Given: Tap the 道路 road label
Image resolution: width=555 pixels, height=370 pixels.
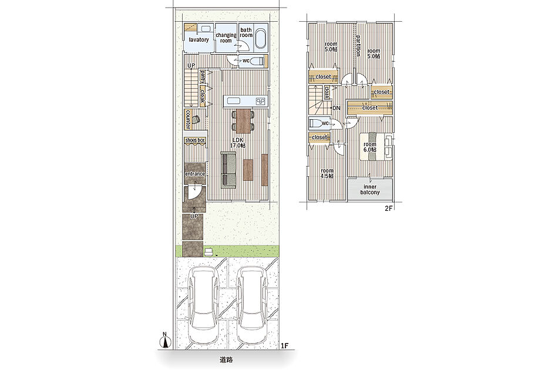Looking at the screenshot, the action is pyautogui.click(x=226, y=360).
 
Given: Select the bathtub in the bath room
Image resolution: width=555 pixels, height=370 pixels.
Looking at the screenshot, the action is pyautogui.click(x=261, y=39).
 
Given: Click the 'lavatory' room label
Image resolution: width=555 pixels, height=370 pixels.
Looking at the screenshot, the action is pyautogui.click(x=199, y=40).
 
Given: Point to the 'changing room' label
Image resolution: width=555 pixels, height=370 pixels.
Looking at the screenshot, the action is pyautogui.click(x=226, y=38).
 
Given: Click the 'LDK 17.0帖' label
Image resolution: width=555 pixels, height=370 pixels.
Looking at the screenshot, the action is pyautogui.click(x=238, y=143).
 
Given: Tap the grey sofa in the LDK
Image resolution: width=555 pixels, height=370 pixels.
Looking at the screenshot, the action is pyautogui.click(x=228, y=170).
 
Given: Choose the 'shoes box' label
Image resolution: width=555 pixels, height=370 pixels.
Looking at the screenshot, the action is pyautogui.click(x=195, y=140).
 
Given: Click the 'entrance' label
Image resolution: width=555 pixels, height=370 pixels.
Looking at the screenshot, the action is pyautogui.click(x=194, y=174).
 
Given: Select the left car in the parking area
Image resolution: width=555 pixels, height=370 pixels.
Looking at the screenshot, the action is pyautogui.click(x=203, y=305).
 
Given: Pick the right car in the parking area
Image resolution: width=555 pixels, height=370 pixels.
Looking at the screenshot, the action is pyautogui.click(x=252, y=305).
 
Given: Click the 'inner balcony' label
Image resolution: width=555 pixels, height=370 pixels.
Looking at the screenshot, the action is pyautogui.click(x=370, y=190).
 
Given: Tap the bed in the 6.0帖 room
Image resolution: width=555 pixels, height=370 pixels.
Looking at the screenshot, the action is pyautogui.click(x=376, y=146).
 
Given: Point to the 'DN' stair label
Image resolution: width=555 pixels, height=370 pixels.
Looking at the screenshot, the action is pyautogui.click(x=337, y=107).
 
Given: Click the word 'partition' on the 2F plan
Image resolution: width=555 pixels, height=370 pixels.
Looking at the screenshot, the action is pyautogui.click(x=358, y=45).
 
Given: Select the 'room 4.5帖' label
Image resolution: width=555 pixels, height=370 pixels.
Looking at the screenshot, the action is pyautogui.click(x=327, y=173).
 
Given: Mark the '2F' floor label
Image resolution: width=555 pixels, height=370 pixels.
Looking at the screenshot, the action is pyautogui.click(x=389, y=208).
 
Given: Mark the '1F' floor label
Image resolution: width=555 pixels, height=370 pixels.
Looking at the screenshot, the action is pyautogui.click(x=285, y=345).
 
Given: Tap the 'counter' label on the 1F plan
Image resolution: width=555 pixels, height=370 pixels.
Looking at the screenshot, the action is pyautogui.click(x=187, y=119).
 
